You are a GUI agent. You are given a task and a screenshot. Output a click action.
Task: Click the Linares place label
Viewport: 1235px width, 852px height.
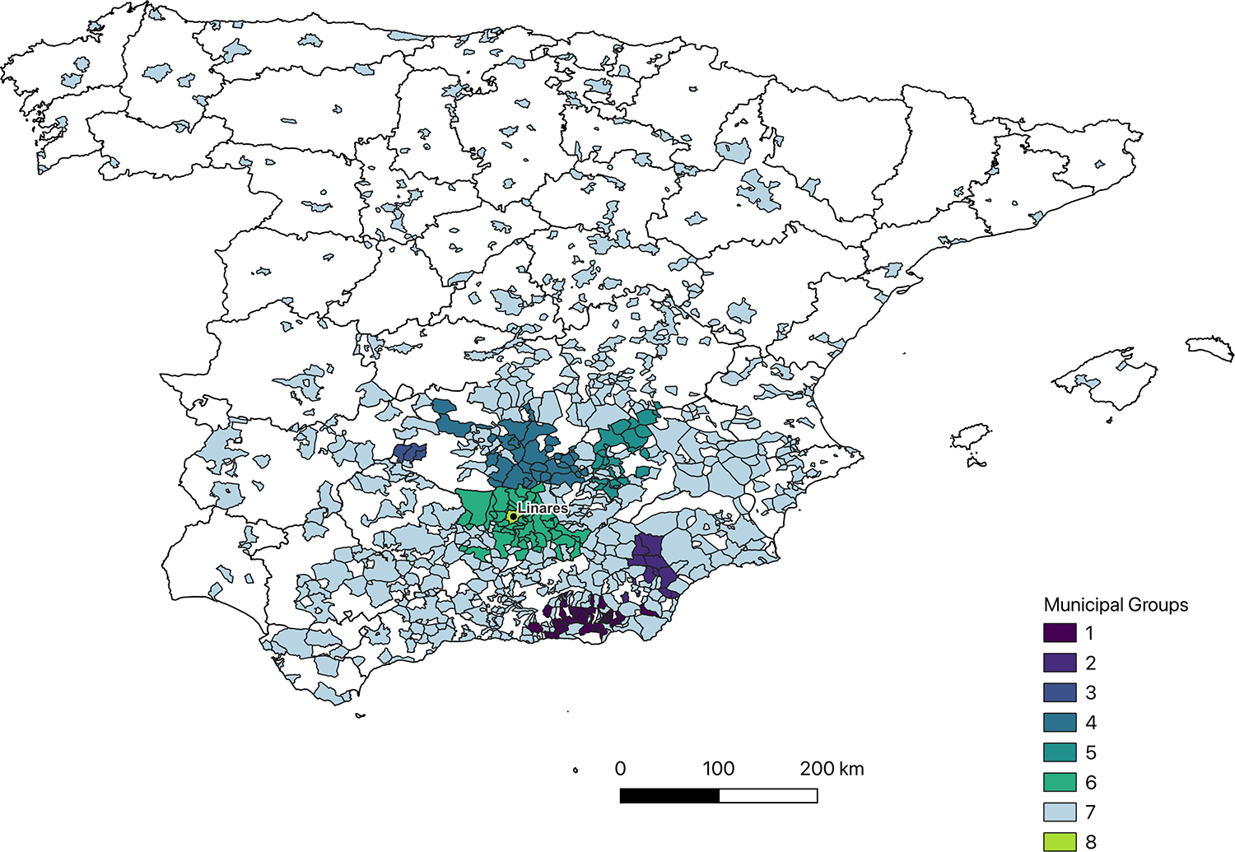(542, 508)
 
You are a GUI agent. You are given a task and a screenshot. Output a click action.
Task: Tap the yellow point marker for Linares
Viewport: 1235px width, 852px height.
(512, 517)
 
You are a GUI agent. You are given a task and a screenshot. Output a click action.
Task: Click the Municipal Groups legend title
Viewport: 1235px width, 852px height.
(1116, 605)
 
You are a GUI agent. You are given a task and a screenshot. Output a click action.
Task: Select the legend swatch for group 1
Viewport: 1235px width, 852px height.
(1060, 633)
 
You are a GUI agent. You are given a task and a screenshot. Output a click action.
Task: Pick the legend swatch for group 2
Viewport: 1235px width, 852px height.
(1060, 663)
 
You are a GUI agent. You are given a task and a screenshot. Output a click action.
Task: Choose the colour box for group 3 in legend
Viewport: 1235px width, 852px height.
(1060, 692)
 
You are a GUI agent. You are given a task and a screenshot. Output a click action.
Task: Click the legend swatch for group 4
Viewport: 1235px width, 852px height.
(1060, 723)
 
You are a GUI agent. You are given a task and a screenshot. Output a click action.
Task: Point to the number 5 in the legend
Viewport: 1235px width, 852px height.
(1091, 752)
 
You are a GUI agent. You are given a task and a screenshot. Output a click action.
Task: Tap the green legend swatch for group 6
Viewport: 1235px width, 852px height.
(1060, 782)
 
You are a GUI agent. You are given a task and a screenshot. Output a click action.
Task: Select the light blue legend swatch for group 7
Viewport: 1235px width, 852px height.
(1060, 812)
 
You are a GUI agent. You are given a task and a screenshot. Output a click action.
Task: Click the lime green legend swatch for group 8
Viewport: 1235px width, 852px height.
(1060, 841)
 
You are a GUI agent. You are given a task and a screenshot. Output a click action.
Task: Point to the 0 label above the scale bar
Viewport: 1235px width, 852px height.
(620, 769)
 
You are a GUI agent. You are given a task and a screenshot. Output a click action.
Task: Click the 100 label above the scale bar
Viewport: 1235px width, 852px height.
(718, 769)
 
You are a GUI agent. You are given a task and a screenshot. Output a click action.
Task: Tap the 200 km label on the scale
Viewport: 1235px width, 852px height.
(832, 769)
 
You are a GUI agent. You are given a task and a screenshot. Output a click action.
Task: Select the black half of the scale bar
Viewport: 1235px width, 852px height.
(669, 795)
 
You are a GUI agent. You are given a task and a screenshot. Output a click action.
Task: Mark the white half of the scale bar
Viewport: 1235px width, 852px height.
(768, 795)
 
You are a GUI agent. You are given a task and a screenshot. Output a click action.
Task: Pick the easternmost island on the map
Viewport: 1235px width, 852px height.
(1210, 348)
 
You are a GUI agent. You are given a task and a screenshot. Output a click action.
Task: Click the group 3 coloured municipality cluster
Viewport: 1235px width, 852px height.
(409, 453)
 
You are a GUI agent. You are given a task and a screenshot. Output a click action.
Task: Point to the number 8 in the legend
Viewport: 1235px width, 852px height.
(1091, 841)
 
